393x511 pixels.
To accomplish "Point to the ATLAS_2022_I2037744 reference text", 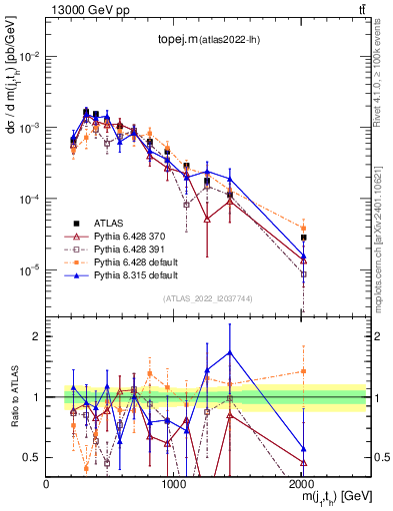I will click(x=207, y=298).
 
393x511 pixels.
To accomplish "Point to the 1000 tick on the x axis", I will click(x=175, y=483).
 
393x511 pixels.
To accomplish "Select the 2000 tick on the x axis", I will click(x=303, y=483).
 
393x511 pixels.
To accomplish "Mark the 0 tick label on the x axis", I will click(x=47, y=483).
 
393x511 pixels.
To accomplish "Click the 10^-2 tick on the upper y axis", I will click(x=30, y=57).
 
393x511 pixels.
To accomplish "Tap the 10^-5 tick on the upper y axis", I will click(x=30, y=269).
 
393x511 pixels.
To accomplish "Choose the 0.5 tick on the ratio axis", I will click(x=33, y=456).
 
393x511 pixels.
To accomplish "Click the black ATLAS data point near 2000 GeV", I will click(x=304, y=238).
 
